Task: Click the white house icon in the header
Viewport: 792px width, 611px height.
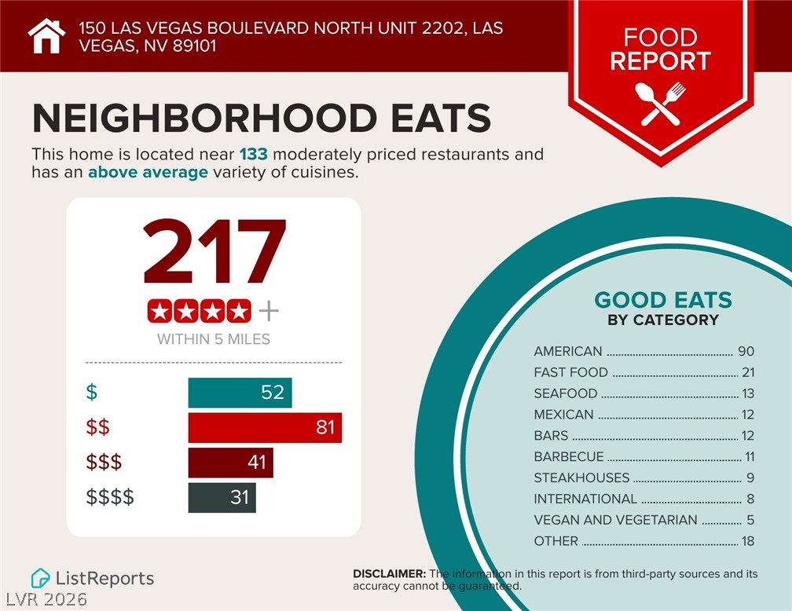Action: (46, 36)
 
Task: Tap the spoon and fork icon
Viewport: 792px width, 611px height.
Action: (660, 104)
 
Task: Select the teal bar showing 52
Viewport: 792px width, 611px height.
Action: (240, 393)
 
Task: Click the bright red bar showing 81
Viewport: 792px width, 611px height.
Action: (265, 428)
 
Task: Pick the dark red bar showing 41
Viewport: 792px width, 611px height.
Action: (230, 463)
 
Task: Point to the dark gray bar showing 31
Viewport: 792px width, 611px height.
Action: (222, 498)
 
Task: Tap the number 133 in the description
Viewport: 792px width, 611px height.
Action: (253, 154)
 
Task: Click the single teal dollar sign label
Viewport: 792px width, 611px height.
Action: (91, 392)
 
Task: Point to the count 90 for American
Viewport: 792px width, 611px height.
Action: (746, 351)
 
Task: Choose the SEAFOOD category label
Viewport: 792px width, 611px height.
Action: (566, 393)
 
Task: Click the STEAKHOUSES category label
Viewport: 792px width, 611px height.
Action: (581, 477)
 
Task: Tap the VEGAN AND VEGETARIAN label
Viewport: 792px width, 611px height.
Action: (615, 520)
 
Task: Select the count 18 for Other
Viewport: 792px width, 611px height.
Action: (747, 541)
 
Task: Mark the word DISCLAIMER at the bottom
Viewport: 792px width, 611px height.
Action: (389, 574)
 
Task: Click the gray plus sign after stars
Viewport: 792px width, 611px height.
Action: (269, 312)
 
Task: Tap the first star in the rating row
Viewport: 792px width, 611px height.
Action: (159, 312)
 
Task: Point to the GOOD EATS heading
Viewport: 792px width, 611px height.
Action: (663, 300)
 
